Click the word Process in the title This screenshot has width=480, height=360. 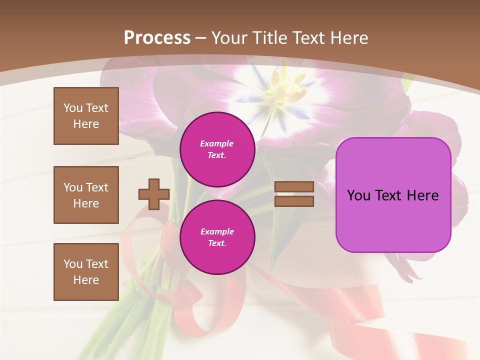(157, 38)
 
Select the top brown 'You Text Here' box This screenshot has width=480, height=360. (86, 116)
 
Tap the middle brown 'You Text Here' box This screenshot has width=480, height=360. (86, 195)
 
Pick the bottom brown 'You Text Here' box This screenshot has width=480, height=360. (86, 272)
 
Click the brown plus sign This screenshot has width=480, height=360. (154, 194)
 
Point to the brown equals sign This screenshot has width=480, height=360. (294, 194)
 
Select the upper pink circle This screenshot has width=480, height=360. (217, 149)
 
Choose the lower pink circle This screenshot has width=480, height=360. (217, 237)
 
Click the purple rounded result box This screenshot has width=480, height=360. (393, 195)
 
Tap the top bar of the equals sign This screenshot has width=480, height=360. (294, 187)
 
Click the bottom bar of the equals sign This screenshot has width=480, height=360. (294, 201)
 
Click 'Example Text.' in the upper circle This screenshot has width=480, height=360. (217, 149)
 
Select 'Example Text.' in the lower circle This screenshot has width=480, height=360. (217, 237)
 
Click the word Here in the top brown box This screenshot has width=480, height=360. (86, 124)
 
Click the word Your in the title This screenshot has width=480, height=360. (230, 38)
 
